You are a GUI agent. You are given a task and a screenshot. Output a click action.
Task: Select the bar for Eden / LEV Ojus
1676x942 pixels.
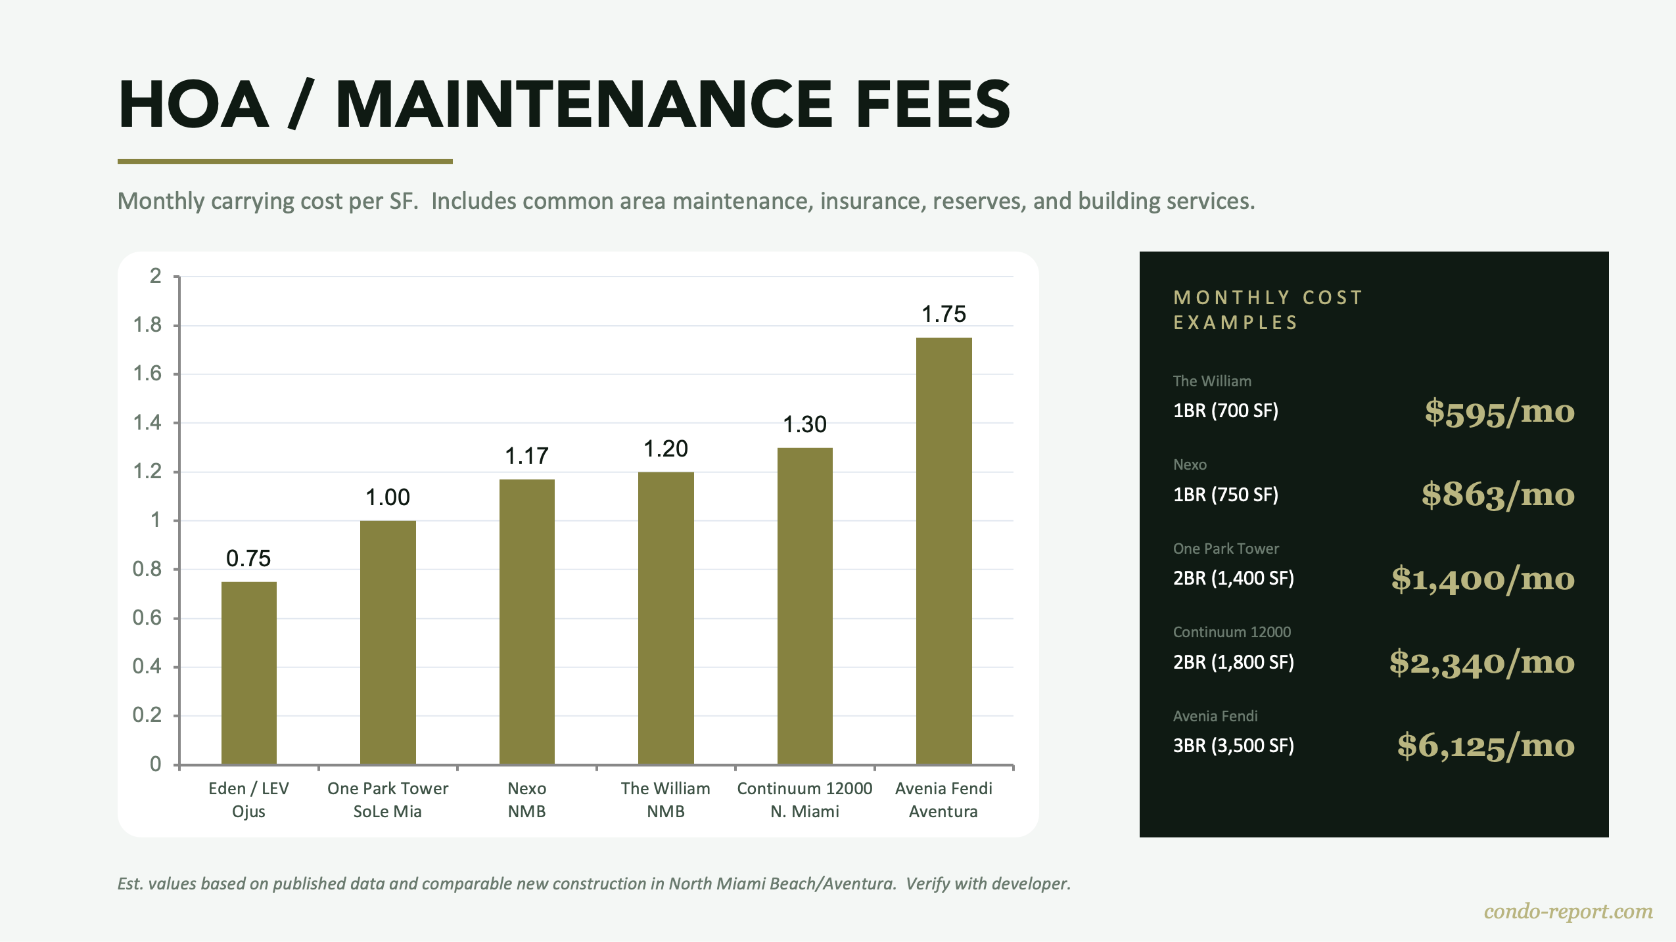[248, 673]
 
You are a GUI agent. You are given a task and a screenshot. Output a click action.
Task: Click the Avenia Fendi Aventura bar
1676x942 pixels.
[944, 552]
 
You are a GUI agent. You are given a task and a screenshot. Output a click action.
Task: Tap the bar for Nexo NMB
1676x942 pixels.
[526, 622]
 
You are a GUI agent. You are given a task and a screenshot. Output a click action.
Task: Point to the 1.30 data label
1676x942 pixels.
[804, 425]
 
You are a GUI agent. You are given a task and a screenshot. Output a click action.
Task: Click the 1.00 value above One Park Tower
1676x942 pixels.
[387, 497]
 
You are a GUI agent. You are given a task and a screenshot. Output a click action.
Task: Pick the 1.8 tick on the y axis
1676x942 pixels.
[147, 325]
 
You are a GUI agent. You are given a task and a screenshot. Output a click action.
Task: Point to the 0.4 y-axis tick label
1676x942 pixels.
[147, 667]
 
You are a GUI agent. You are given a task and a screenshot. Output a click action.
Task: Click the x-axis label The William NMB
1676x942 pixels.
[665, 799]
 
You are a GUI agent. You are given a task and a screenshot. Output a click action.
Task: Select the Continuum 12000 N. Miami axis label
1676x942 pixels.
[804, 799]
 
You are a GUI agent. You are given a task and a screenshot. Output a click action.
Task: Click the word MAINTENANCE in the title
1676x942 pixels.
[584, 105]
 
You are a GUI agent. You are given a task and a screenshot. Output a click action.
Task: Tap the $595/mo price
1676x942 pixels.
[1499, 412]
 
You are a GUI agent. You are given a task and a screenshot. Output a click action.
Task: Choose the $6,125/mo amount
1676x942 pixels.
[1485, 746]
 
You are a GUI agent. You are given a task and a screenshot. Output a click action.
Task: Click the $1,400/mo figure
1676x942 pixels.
[1483, 579]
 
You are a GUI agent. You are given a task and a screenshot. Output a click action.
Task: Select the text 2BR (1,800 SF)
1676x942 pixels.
[1233, 662]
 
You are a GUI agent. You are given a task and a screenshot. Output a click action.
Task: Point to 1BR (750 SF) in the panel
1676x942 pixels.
[1225, 495]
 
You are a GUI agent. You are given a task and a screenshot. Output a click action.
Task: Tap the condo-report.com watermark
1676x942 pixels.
[1568, 912]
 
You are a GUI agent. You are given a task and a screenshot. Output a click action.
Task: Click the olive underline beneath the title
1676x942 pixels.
[285, 161]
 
